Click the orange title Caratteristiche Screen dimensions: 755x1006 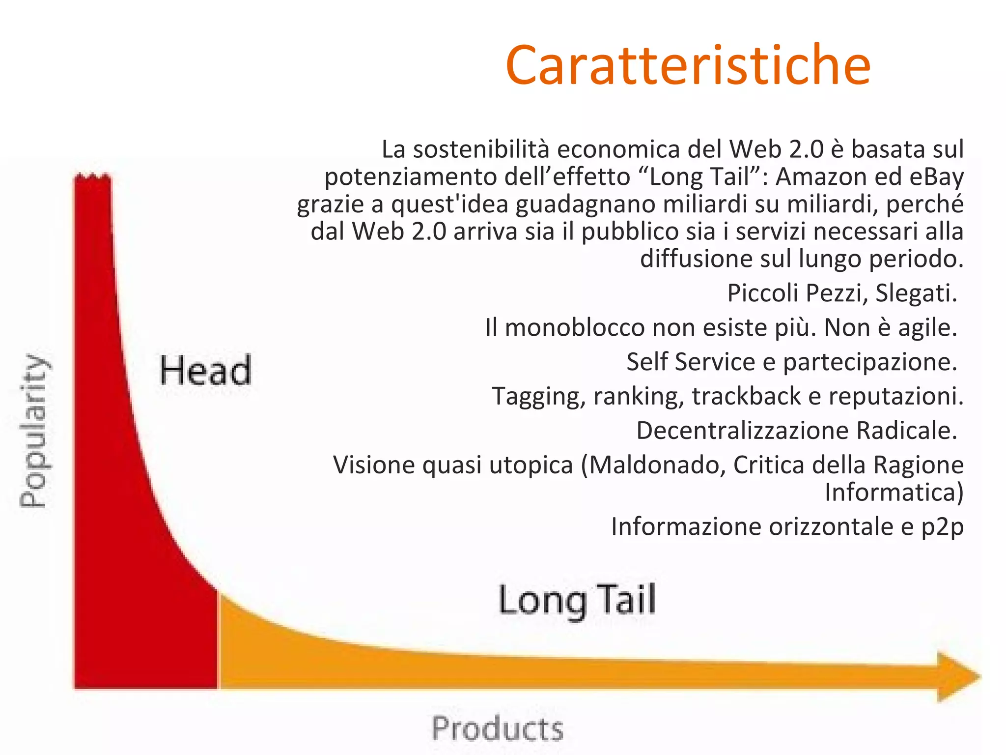688,65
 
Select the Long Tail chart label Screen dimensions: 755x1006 577,600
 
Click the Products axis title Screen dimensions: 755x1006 497,728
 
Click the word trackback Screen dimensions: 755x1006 747,396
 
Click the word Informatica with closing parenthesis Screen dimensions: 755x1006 894,492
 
